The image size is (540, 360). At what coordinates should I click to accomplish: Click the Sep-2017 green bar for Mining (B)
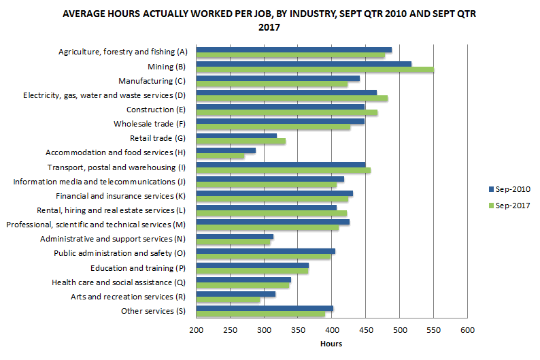pos(315,69)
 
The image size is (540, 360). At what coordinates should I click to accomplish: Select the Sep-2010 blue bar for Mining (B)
pos(303,63)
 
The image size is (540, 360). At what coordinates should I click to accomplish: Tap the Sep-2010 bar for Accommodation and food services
pos(226,150)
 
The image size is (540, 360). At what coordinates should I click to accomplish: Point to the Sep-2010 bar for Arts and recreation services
pos(235,294)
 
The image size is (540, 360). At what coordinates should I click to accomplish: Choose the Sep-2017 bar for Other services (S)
pos(260,314)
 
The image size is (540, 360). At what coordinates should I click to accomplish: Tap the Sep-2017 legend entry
pos(509,205)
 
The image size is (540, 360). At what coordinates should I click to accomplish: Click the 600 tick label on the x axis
pos(467,331)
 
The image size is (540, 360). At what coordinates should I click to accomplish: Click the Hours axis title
pos(331,344)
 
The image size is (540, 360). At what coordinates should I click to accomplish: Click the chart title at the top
pos(269,20)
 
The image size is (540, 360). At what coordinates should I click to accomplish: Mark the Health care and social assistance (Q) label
pos(118,282)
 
